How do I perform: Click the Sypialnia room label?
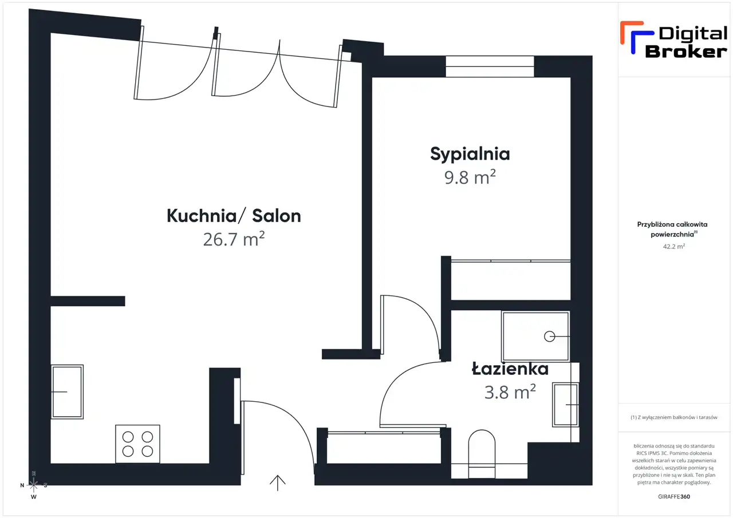(470, 155)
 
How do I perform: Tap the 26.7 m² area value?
(234, 239)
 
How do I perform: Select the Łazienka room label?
(510, 369)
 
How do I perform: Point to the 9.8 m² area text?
(470, 177)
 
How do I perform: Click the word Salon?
(277, 216)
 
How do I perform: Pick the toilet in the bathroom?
(482, 454)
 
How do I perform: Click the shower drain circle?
(549, 336)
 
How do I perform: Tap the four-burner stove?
(137, 444)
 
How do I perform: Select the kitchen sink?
(67, 392)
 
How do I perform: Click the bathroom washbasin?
(565, 405)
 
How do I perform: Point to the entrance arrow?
(278, 483)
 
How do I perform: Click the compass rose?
(33, 485)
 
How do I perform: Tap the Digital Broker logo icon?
(636, 37)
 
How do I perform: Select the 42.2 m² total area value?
(674, 246)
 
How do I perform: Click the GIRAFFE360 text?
(674, 496)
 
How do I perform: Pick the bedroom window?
(490, 66)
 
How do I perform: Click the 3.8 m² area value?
(510, 392)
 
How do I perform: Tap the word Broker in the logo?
(686, 52)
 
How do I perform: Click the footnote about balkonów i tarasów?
(674, 417)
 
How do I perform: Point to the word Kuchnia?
(202, 216)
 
